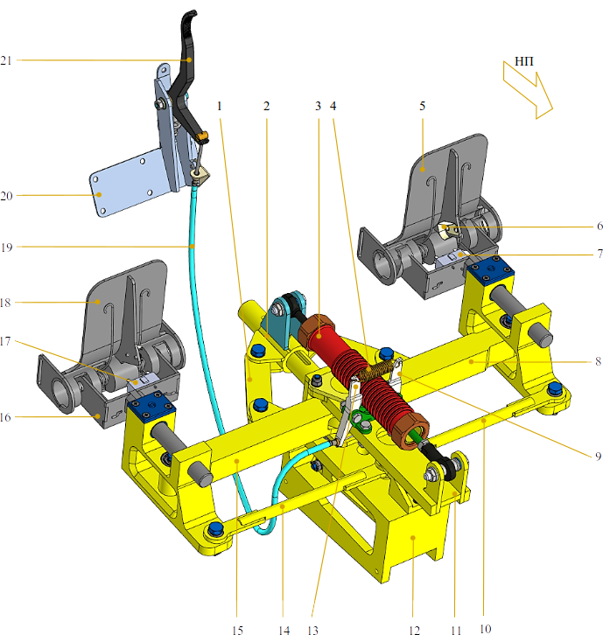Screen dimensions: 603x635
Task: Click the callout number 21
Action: click(x=5, y=60)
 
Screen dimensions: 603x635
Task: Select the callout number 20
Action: click(x=6, y=196)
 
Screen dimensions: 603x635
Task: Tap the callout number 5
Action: click(x=422, y=106)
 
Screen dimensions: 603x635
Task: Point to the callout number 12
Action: click(x=414, y=630)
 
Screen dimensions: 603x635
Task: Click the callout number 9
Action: click(x=598, y=457)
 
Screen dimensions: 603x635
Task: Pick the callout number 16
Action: click(x=5, y=417)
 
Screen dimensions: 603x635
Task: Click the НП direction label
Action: click(x=524, y=61)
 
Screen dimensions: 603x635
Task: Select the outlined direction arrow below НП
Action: click(x=528, y=90)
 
